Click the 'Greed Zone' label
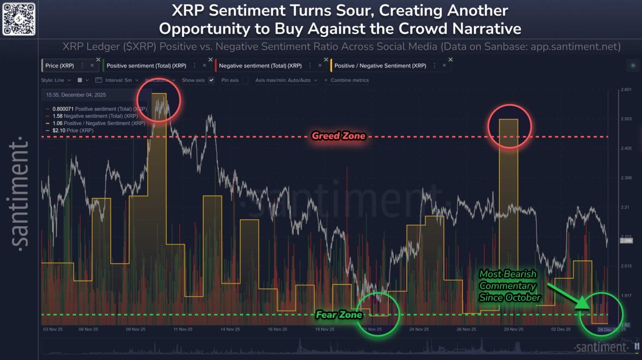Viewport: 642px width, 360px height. coord(338,136)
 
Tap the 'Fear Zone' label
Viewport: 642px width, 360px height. coord(334,315)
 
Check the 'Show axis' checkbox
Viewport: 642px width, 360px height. coord(211,80)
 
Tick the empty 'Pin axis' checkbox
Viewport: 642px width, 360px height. coord(245,80)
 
